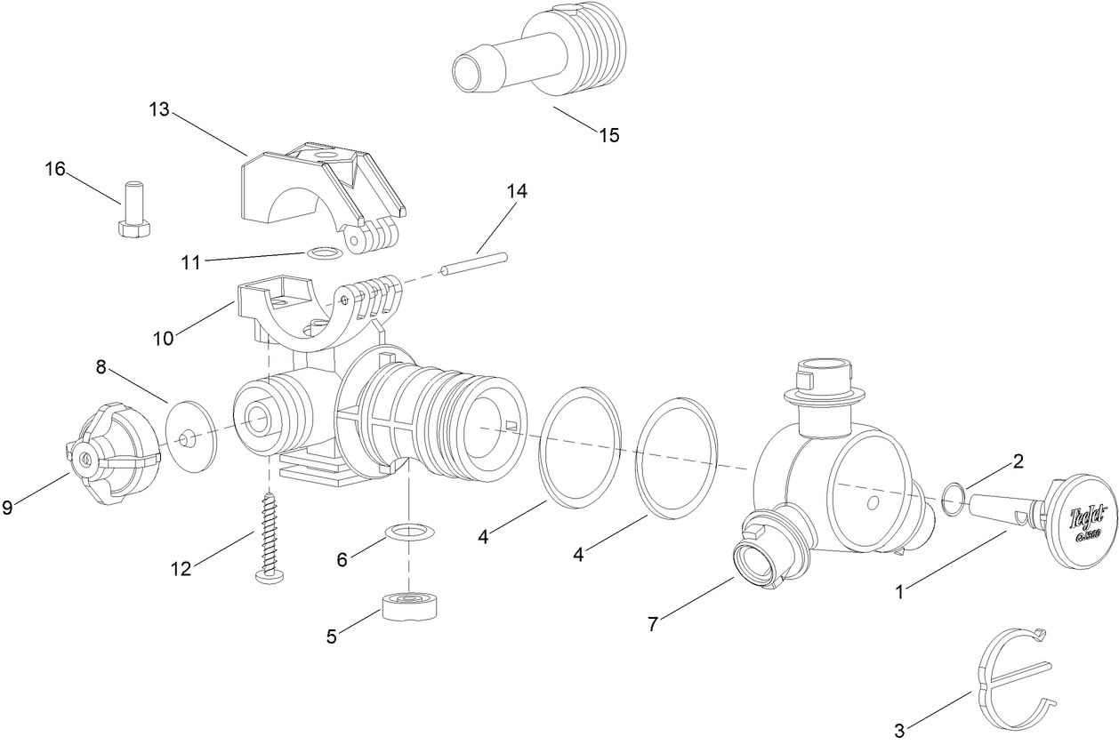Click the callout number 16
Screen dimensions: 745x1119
click(x=55, y=168)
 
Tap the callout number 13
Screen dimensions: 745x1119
click(x=159, y=109)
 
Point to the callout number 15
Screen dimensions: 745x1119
click(x=609, y=135)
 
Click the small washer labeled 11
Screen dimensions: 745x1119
click(x=325, y=254)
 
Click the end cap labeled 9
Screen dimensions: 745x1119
click(x=114, y=456)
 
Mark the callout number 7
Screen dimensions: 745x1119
click(x=653, y=624)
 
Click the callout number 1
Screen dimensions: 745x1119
click(x=899, y=591)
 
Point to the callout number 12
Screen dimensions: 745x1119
click(x=181, y=569)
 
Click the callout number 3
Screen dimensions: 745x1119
click(x=899, y=731)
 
